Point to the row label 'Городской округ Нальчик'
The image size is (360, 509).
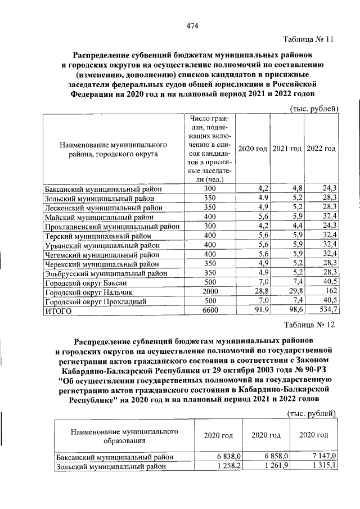[88, 293]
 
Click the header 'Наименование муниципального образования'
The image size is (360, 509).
[120, 436]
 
